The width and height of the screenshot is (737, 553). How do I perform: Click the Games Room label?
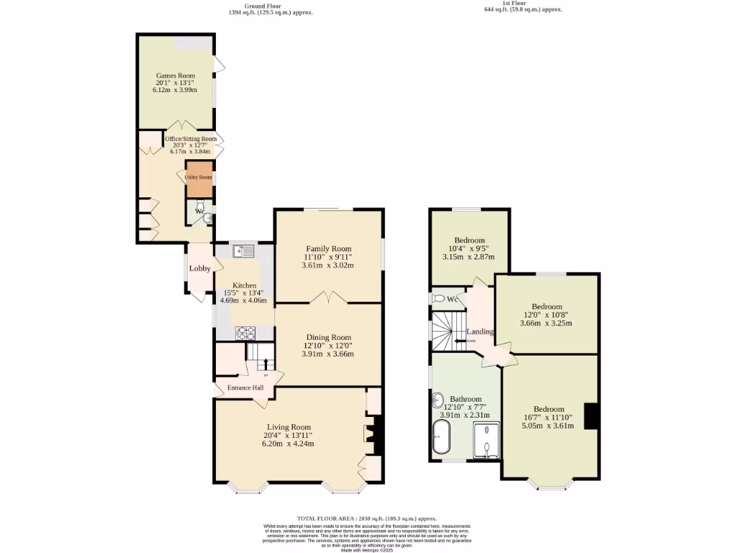(176, 76)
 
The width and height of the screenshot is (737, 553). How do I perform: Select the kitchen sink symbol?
(243, 251)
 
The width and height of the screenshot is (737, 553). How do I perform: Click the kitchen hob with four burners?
(246, 333)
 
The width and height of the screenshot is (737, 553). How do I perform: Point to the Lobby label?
(199, 269)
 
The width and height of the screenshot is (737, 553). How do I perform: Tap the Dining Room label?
(328, 337)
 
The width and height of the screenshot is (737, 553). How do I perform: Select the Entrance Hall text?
(245, 388)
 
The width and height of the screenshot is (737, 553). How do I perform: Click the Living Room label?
(289, 426)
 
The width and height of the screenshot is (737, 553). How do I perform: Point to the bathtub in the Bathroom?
(440, 438)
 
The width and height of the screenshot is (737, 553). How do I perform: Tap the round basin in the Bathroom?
(438, 400)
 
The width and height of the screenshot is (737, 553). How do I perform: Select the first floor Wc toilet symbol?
(438, 298)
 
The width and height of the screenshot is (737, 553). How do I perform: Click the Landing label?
(480, 332)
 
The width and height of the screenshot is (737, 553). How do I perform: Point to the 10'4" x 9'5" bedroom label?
(469, 240)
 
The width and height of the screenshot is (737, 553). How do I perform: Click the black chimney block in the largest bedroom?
(591, 416)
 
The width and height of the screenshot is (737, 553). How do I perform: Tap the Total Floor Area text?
(367, 518)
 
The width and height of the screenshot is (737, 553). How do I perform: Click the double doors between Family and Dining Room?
(328, 297)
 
